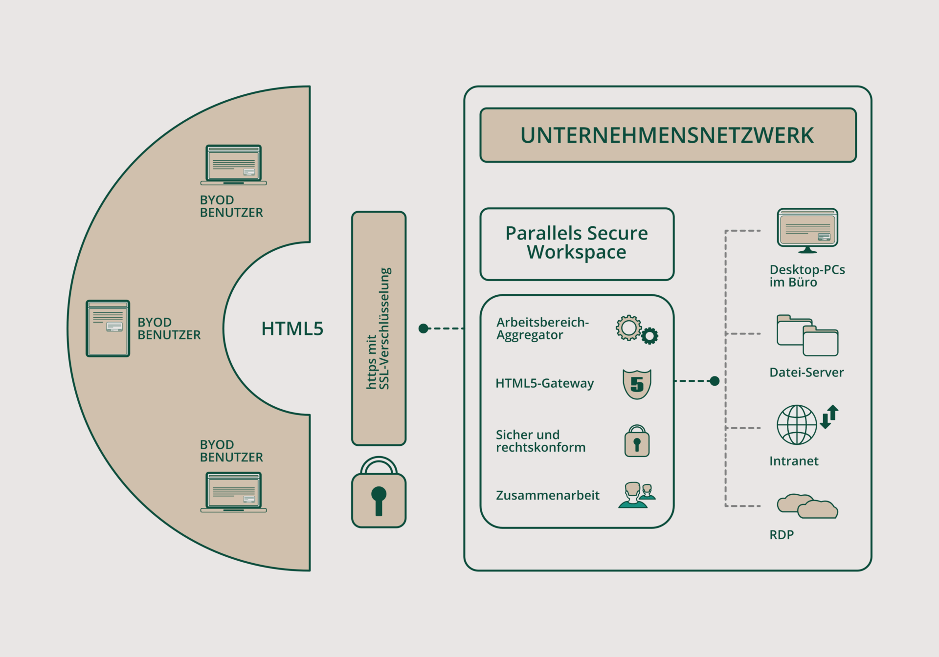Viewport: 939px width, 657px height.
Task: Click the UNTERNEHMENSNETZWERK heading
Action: point(668,135)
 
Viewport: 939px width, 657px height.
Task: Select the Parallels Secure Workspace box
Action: point(577,243)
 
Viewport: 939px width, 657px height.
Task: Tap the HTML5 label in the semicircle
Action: point(292,328)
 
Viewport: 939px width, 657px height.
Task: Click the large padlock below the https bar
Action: point(379,494)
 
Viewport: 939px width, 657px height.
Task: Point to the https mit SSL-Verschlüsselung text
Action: point(379,328)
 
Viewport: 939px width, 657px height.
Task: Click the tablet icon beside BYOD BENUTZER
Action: point(108,328)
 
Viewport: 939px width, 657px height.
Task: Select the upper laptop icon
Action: point(233,165)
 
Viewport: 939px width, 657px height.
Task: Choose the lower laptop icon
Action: point(233,492)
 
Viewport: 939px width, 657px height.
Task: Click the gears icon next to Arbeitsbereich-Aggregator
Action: point(636,329)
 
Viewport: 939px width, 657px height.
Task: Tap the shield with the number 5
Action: point(637,384)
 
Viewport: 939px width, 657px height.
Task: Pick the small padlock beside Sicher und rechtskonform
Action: point(637,441)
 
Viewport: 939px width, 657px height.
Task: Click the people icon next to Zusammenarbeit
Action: point(636,495)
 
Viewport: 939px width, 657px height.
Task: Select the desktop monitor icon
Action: point(807,230)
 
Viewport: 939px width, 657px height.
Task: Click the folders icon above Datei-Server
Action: point(807,335)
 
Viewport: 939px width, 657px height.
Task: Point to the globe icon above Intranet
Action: point(797,424)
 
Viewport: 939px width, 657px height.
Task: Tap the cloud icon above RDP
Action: point(807,506)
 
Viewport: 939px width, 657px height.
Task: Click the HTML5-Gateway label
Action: point(544,383)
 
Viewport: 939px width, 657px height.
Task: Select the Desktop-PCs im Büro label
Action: point(807,276)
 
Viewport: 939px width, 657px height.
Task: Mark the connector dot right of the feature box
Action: point(715,381)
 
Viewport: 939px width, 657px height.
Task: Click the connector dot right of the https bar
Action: point(424,328)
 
